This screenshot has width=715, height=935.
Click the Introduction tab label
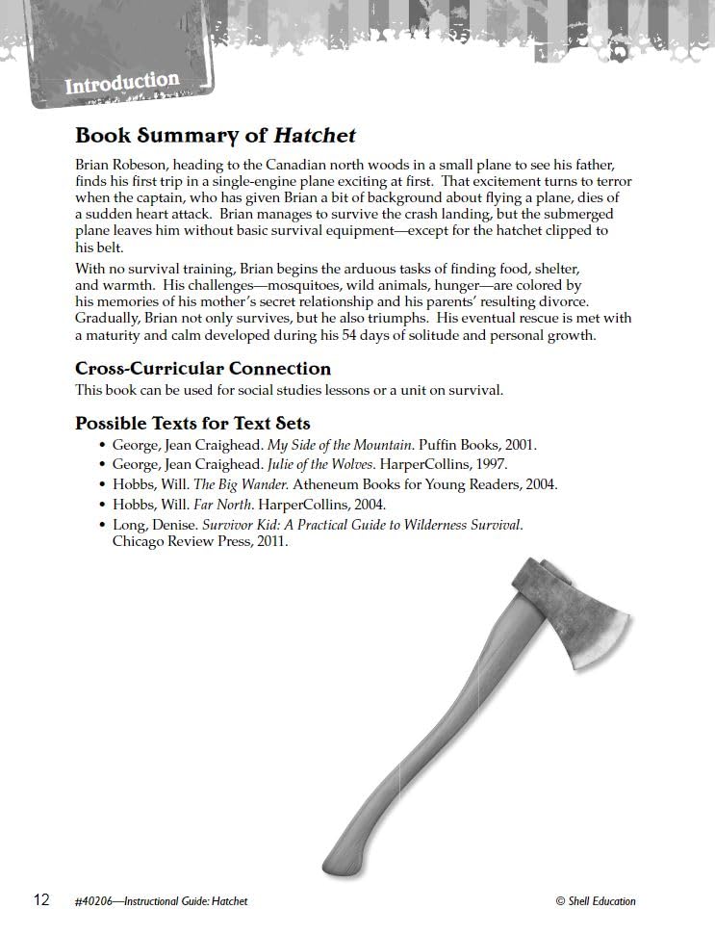point(122,83)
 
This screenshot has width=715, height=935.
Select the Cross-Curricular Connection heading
point(203,369)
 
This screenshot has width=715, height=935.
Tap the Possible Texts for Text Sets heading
point(192,424)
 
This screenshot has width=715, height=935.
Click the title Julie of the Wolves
point(314,465)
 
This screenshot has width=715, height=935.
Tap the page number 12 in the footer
point(41,900)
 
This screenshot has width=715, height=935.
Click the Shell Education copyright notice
point(596,901)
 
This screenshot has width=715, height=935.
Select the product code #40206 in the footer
point(93,901)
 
